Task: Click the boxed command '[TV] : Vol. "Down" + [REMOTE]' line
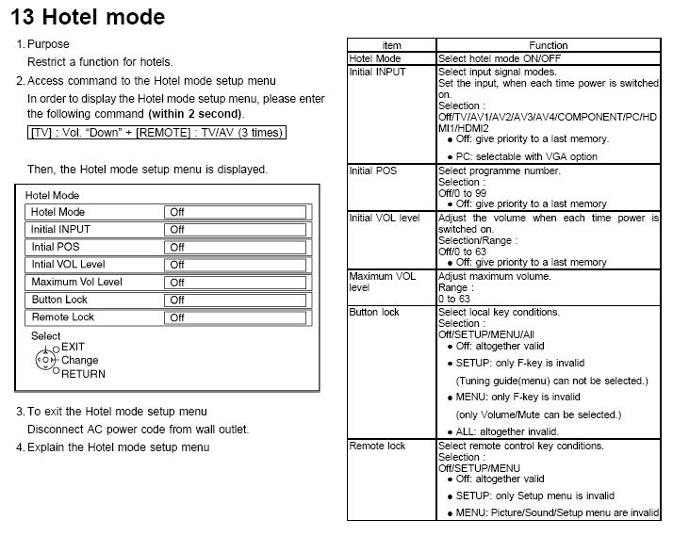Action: click(156, 133)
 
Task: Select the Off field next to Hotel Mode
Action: click(236, 212)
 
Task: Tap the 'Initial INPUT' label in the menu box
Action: click(61, 229)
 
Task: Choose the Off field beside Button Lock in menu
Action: click(236, 300)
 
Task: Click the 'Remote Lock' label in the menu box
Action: click(63, 317)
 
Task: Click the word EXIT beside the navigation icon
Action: click(74, 347)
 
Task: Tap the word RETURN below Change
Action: click(83, 373)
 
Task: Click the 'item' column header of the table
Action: click(392, 45)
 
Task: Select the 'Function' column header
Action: click(548, 45)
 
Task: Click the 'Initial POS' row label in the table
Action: click(373, 171)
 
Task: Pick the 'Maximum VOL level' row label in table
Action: click(382, 282)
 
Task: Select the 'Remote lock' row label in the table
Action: click(377, 446)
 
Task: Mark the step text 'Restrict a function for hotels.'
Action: click(100, 62)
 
